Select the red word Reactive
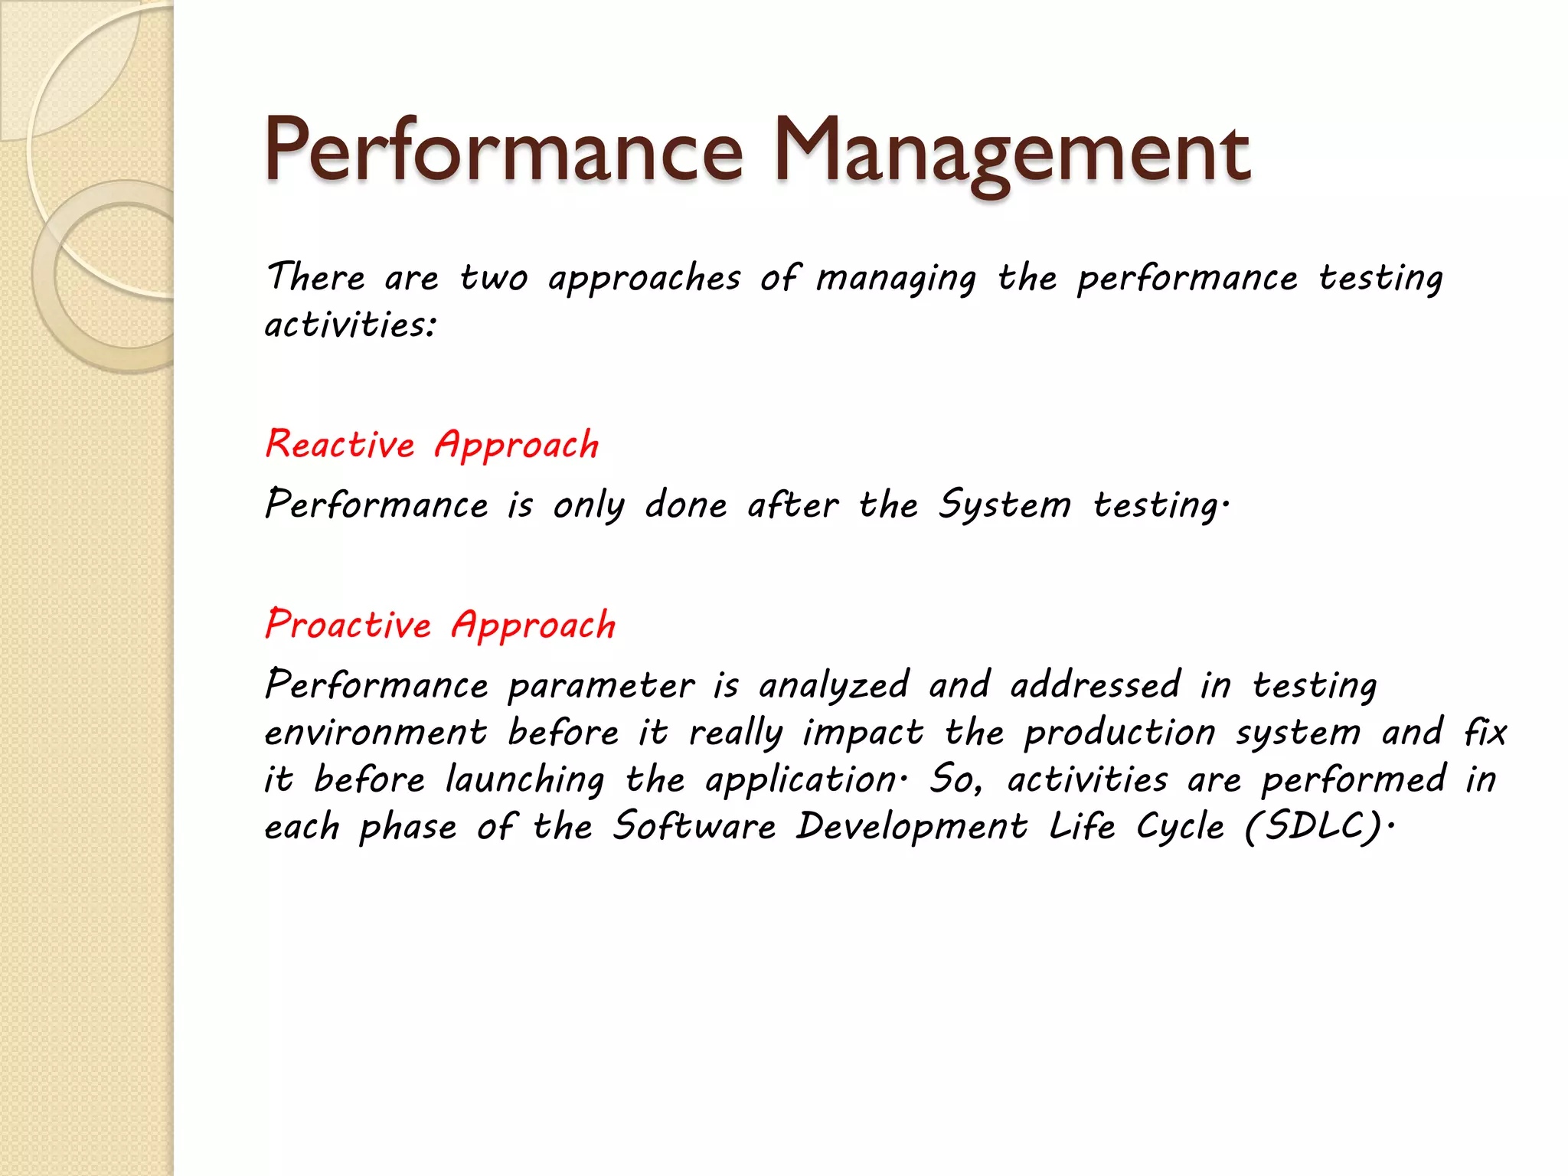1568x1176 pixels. (340, 445)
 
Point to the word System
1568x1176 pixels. (1004, 505)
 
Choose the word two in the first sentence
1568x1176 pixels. (494, 277)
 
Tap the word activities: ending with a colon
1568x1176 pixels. (351, 325)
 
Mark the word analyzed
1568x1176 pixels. (834, 686)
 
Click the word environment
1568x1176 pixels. (376, 733)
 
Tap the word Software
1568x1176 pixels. (694, 827)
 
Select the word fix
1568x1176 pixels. (1485, 733)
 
